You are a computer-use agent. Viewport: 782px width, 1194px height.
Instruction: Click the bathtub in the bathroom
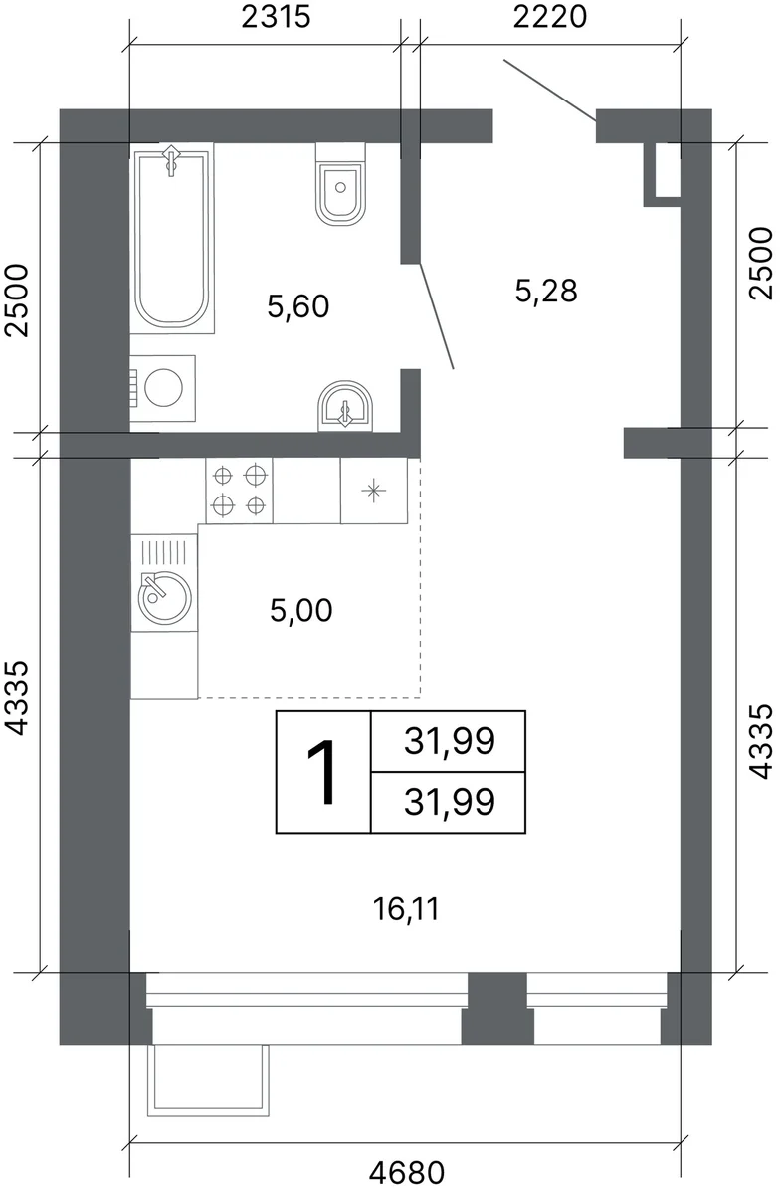tap(172, 238)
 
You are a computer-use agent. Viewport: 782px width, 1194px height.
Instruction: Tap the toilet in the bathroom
tap(340, 184)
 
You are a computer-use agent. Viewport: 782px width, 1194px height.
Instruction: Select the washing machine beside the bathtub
tap(162, 387)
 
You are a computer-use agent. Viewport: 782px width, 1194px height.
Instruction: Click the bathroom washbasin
tap(345, 406)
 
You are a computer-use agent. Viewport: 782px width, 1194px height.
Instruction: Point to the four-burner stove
tap(240, 490)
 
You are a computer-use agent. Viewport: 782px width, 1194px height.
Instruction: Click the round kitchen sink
tap(165, 597)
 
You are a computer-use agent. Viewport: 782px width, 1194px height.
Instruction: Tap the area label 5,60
tap(298, 306)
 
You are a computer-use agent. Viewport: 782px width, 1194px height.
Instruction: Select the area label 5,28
tap(546, 291)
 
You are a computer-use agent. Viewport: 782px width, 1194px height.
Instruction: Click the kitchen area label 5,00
tap(301, 610)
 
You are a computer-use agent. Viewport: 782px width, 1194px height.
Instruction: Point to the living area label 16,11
tap(406, 908)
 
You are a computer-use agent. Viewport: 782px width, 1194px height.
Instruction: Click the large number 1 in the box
tap(321, 772)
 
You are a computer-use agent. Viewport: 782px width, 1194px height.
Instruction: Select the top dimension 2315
tap(276, 17)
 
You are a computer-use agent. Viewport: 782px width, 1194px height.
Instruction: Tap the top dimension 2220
tap(550, 17)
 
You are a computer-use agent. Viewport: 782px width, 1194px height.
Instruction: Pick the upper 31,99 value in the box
tap(450, 741)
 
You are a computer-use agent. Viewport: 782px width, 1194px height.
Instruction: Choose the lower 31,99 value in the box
tap(450, 802)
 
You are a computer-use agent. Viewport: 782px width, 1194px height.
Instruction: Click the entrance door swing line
tap(549, 91)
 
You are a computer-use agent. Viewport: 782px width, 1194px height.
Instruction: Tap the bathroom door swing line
tap(437, 316)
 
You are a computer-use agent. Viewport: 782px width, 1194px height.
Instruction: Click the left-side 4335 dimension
tap(16, 698)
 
